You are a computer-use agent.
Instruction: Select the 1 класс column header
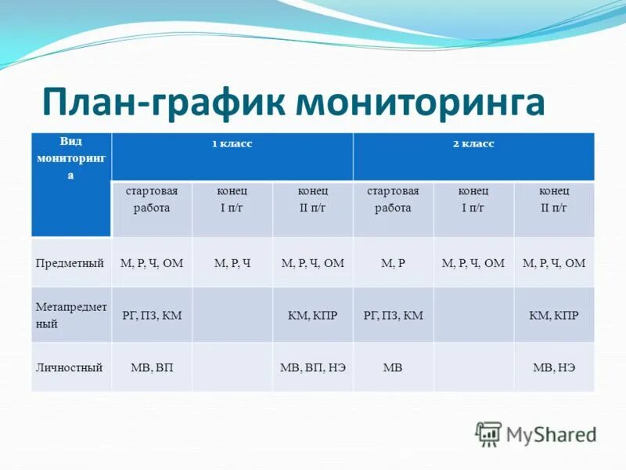pyautogui.click(x=232, y=144)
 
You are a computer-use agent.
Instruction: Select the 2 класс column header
pyautogui.click(x=473, y=144)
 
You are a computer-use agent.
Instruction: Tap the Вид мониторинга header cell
pyautogui.click(x=70, y=158)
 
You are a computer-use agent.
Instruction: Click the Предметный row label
pyautogui.click(x=70, y=263)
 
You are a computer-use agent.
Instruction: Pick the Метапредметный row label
pyautogui.click(x=70, y=314)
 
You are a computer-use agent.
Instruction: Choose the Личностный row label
pyautogui.click(x=69, y=367)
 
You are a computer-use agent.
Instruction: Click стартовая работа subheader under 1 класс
pyautogui.click(x=152, y=200)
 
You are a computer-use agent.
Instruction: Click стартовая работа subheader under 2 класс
pyautogui.click(x=393, y=200)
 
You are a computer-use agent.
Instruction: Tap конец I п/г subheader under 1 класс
pyautogui.click(x=232, y=200)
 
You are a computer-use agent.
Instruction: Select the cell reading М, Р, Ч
pyautogui.click(x=232, y=263)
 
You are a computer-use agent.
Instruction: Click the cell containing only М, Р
pyautogui.click(x=393, y=263)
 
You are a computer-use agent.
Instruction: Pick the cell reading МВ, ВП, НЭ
pyautogui.click(x=312, y=367)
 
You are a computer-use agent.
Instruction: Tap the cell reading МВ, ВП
pyautogui.click(x=152, y=367)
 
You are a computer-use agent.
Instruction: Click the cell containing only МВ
pyautogui.click(x=393, y=367)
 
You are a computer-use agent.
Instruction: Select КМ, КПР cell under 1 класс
pyautogui.click(x=312, y=315)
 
